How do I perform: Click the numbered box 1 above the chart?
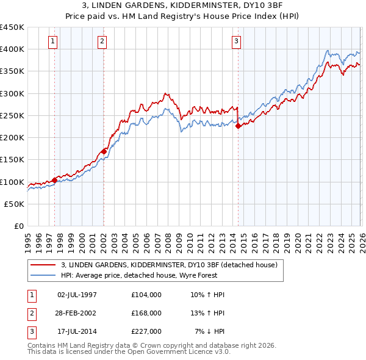(x=53, y=41)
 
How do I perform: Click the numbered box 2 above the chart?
(x=102, y=41)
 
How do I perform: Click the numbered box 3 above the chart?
(x=236, y=41)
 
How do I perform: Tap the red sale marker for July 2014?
(x=238, y=126)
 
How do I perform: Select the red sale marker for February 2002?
(x=104, y=151)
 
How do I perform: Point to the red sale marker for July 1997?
(x=54, y=180)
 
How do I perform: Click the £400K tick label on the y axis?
(x=12, y=49)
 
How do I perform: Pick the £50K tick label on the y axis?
(x=15, y=204)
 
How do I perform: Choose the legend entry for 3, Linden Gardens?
(x=169, y=265)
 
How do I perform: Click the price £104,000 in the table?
(x=146, y=295)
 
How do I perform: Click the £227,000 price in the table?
(x=146, y=331)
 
